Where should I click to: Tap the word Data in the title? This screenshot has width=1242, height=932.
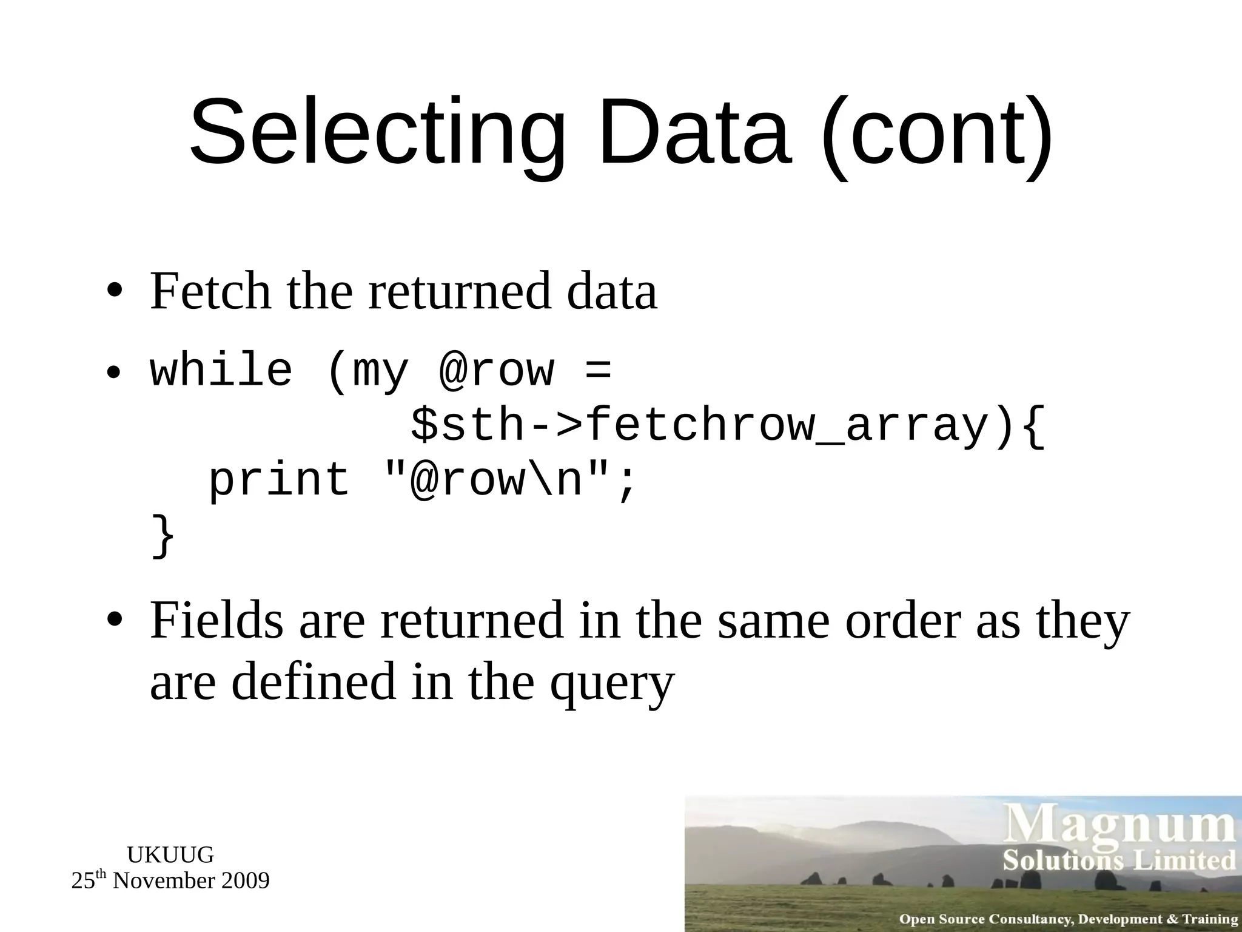694,133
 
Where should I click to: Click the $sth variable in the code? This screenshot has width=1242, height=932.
467,425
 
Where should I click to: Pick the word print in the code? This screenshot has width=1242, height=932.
279,479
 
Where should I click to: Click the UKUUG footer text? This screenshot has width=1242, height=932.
170,855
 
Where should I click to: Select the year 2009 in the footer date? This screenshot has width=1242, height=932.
245,881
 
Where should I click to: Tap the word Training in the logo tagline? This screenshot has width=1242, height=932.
1210,919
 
